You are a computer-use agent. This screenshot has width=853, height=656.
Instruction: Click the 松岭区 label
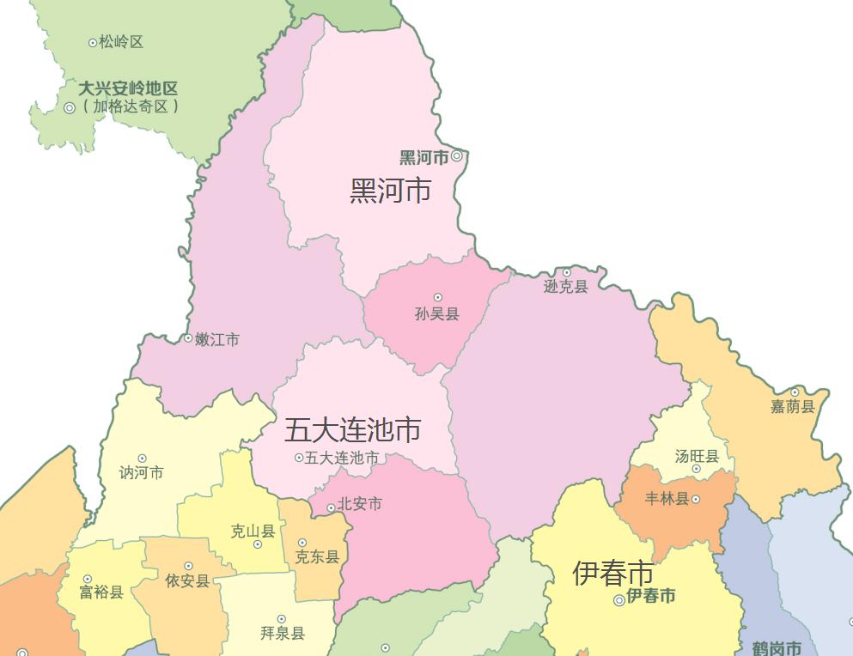120,42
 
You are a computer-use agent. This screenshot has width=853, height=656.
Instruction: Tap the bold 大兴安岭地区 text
128,88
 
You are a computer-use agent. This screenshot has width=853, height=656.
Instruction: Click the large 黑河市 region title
390,191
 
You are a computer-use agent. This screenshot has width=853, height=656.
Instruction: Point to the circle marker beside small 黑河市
457,156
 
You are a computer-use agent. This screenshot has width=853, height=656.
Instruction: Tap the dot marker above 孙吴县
437,298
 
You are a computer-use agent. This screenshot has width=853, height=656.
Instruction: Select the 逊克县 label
565,287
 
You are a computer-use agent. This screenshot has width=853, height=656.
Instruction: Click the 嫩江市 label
216,340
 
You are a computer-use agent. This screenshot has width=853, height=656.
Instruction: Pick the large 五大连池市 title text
352,428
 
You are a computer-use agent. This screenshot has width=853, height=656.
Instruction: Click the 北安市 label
359,504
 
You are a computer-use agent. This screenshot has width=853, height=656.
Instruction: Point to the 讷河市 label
141,473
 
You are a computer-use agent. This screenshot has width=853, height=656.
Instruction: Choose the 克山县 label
253,531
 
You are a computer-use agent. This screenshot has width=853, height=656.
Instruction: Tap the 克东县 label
317,557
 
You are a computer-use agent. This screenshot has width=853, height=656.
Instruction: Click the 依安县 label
187,581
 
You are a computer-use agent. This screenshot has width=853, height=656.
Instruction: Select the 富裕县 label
101,592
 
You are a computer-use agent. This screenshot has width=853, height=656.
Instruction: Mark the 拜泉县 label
282,634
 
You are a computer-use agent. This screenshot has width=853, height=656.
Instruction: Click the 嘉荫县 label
792,407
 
